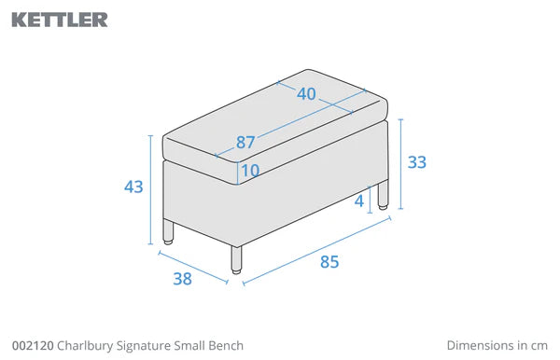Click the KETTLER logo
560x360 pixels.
(60, 20)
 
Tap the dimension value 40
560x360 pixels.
(306, 94)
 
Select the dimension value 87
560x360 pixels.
(245, 143)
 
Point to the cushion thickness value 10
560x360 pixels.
(250, 170)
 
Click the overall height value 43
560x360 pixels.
(133, 187)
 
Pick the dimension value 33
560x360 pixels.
(417, 162)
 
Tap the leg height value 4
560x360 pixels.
(359, 201)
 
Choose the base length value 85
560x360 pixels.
(329, 262)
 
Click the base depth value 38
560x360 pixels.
(183, 279)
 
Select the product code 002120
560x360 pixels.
(33, 346)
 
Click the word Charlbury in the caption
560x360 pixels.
(85, 346)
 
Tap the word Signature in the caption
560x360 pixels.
(144, 346)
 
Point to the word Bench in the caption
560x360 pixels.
(226, 346)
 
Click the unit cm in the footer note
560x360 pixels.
(539, 346)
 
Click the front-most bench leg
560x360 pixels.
(236, 260)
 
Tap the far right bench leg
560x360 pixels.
(383, 196)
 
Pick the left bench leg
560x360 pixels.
(168, 232)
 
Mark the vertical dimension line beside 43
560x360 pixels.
(150, 190)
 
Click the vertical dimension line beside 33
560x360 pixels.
(400, 164)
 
